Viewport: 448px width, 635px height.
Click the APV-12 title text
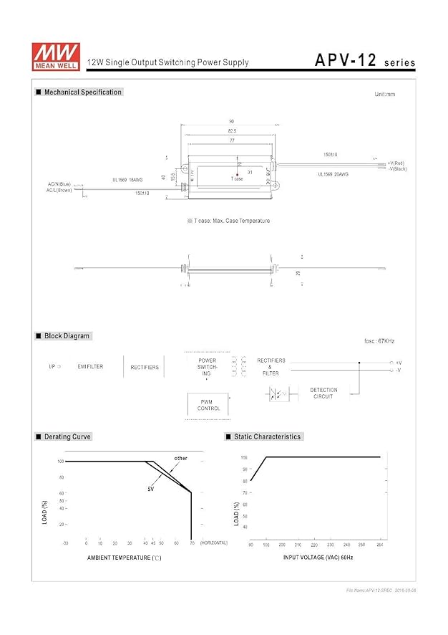346,62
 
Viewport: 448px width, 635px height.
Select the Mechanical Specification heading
82,92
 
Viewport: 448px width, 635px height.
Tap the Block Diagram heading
67,336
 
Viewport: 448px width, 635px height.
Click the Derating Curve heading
67,436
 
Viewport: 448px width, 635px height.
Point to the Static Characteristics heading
267,436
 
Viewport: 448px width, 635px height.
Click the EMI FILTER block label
90,367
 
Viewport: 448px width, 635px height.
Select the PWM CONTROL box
208,405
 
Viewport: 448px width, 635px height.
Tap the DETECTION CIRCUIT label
323,393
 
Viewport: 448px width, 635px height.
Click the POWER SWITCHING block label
207,367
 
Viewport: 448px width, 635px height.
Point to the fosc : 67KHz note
379,341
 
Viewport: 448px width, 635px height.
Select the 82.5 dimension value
233,132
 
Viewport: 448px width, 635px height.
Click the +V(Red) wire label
396,163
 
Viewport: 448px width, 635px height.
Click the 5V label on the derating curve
151,489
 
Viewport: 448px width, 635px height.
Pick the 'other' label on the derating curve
180,458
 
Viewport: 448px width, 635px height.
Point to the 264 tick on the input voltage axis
379,545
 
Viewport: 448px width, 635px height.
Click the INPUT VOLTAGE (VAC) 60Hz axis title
318,557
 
